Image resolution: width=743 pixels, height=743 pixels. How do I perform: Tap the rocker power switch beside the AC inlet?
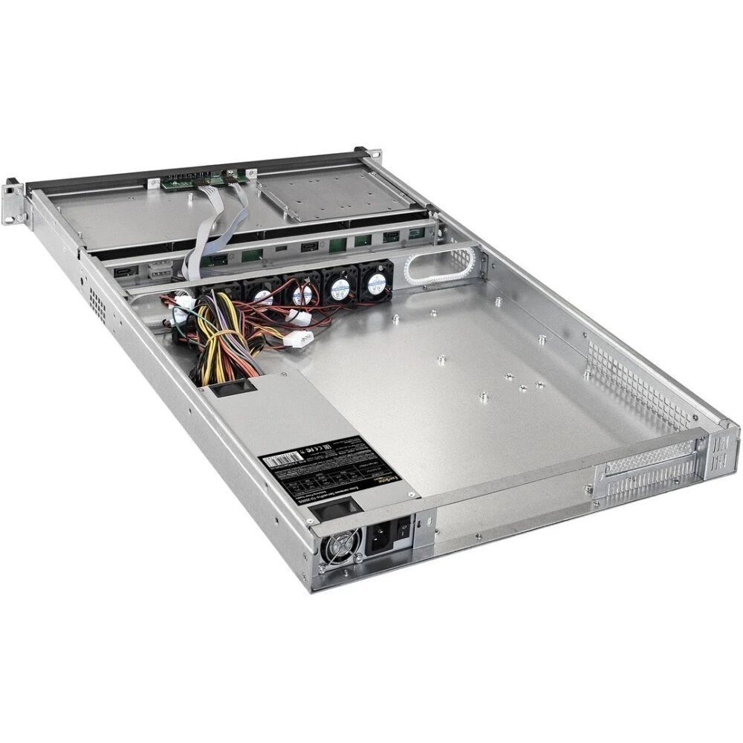(403, 529)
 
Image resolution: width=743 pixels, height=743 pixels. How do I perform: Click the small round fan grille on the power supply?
(342, 548)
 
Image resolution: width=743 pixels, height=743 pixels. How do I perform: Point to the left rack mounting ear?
(13, 200)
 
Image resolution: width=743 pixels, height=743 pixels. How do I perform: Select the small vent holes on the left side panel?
(97, 300)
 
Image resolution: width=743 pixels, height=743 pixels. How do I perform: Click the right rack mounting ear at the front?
(372, 155)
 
